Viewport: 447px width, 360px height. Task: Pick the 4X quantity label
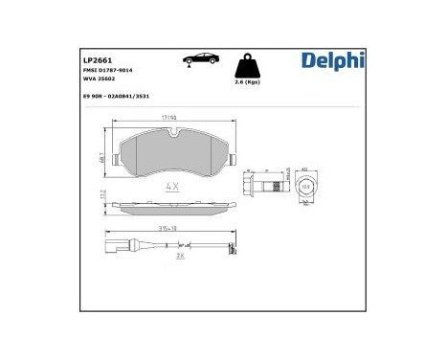coord(173,186)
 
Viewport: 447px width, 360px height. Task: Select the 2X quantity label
coord(179,255)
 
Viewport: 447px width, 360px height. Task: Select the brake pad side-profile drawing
coord(172,206)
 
